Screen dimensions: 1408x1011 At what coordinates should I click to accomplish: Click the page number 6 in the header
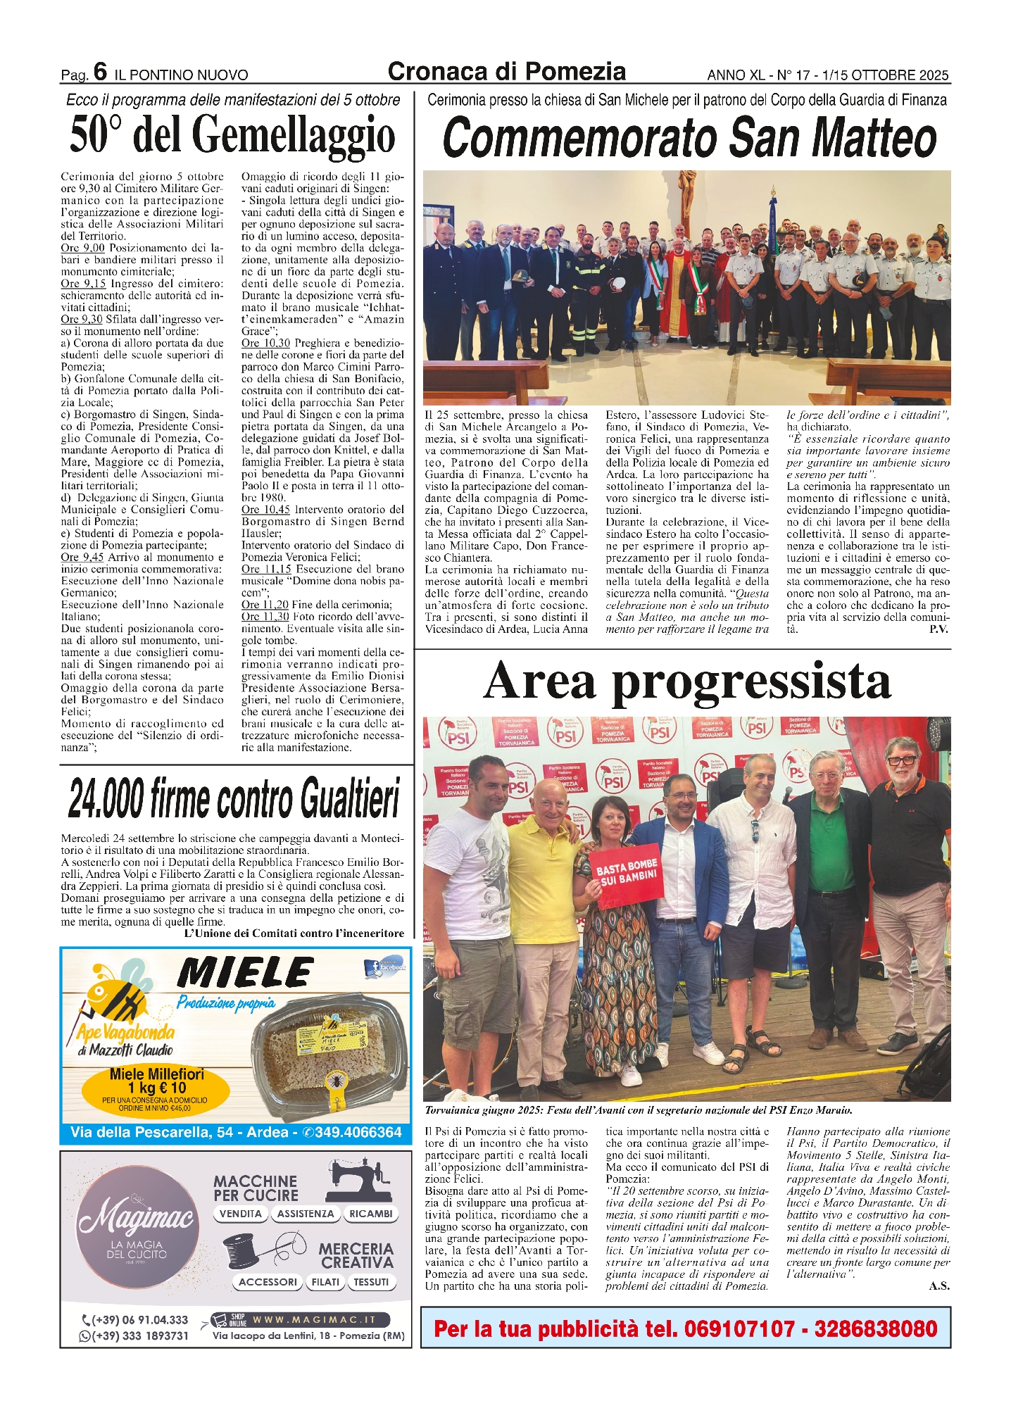coord(100,72)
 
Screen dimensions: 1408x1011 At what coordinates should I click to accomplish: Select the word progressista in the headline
coord(751,681)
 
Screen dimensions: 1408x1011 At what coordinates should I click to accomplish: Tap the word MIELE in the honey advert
coord(244,974)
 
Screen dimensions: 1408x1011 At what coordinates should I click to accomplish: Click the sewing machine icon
coord(359,1181)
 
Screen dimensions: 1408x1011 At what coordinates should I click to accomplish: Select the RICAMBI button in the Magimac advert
coord(370,1214)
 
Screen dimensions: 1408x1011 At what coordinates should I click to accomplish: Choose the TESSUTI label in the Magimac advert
coord(371,1282)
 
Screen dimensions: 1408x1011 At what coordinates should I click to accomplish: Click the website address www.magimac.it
coord(314,1319)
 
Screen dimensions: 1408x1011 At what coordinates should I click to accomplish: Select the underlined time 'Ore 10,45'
coord(265,510)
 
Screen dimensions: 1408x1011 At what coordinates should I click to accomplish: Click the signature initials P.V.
coord(938,629)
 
